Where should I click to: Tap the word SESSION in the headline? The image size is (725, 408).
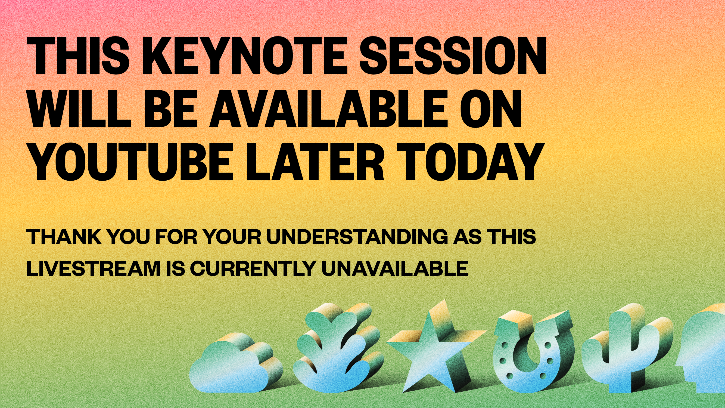tap(453, 56)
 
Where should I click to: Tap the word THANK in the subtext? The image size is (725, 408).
tap(64, 237)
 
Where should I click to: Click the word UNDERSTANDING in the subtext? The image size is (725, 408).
tap(357, 237)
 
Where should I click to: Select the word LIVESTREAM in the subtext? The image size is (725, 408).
tap(94, 268)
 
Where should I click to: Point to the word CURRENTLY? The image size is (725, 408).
tap(252, 268)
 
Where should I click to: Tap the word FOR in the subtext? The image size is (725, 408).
tap(176, 237)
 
